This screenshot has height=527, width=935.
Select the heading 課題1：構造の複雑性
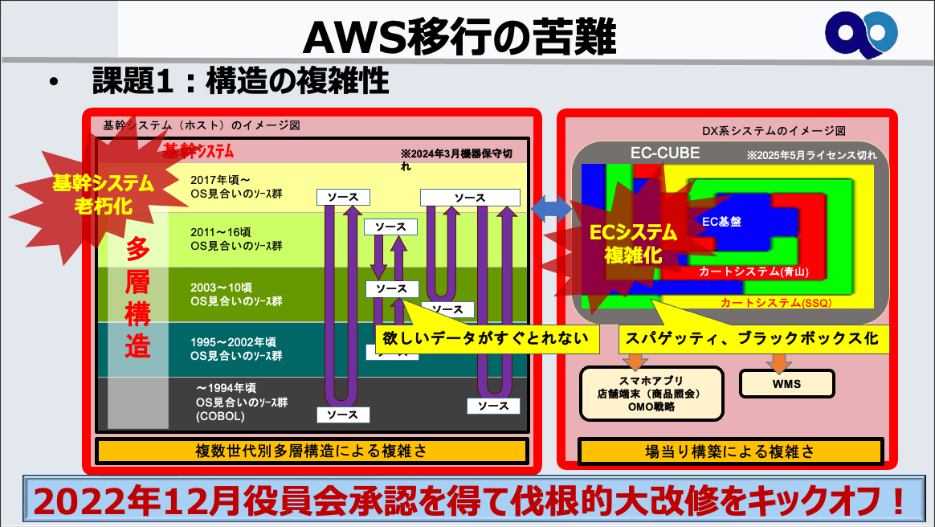coord(241,80)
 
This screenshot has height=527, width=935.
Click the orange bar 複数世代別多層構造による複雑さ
coord(312,451)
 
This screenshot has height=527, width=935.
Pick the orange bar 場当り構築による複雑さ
coord(730,451)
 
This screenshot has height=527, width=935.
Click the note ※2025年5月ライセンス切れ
coord(810,154)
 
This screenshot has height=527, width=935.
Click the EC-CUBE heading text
coord(664,153)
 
